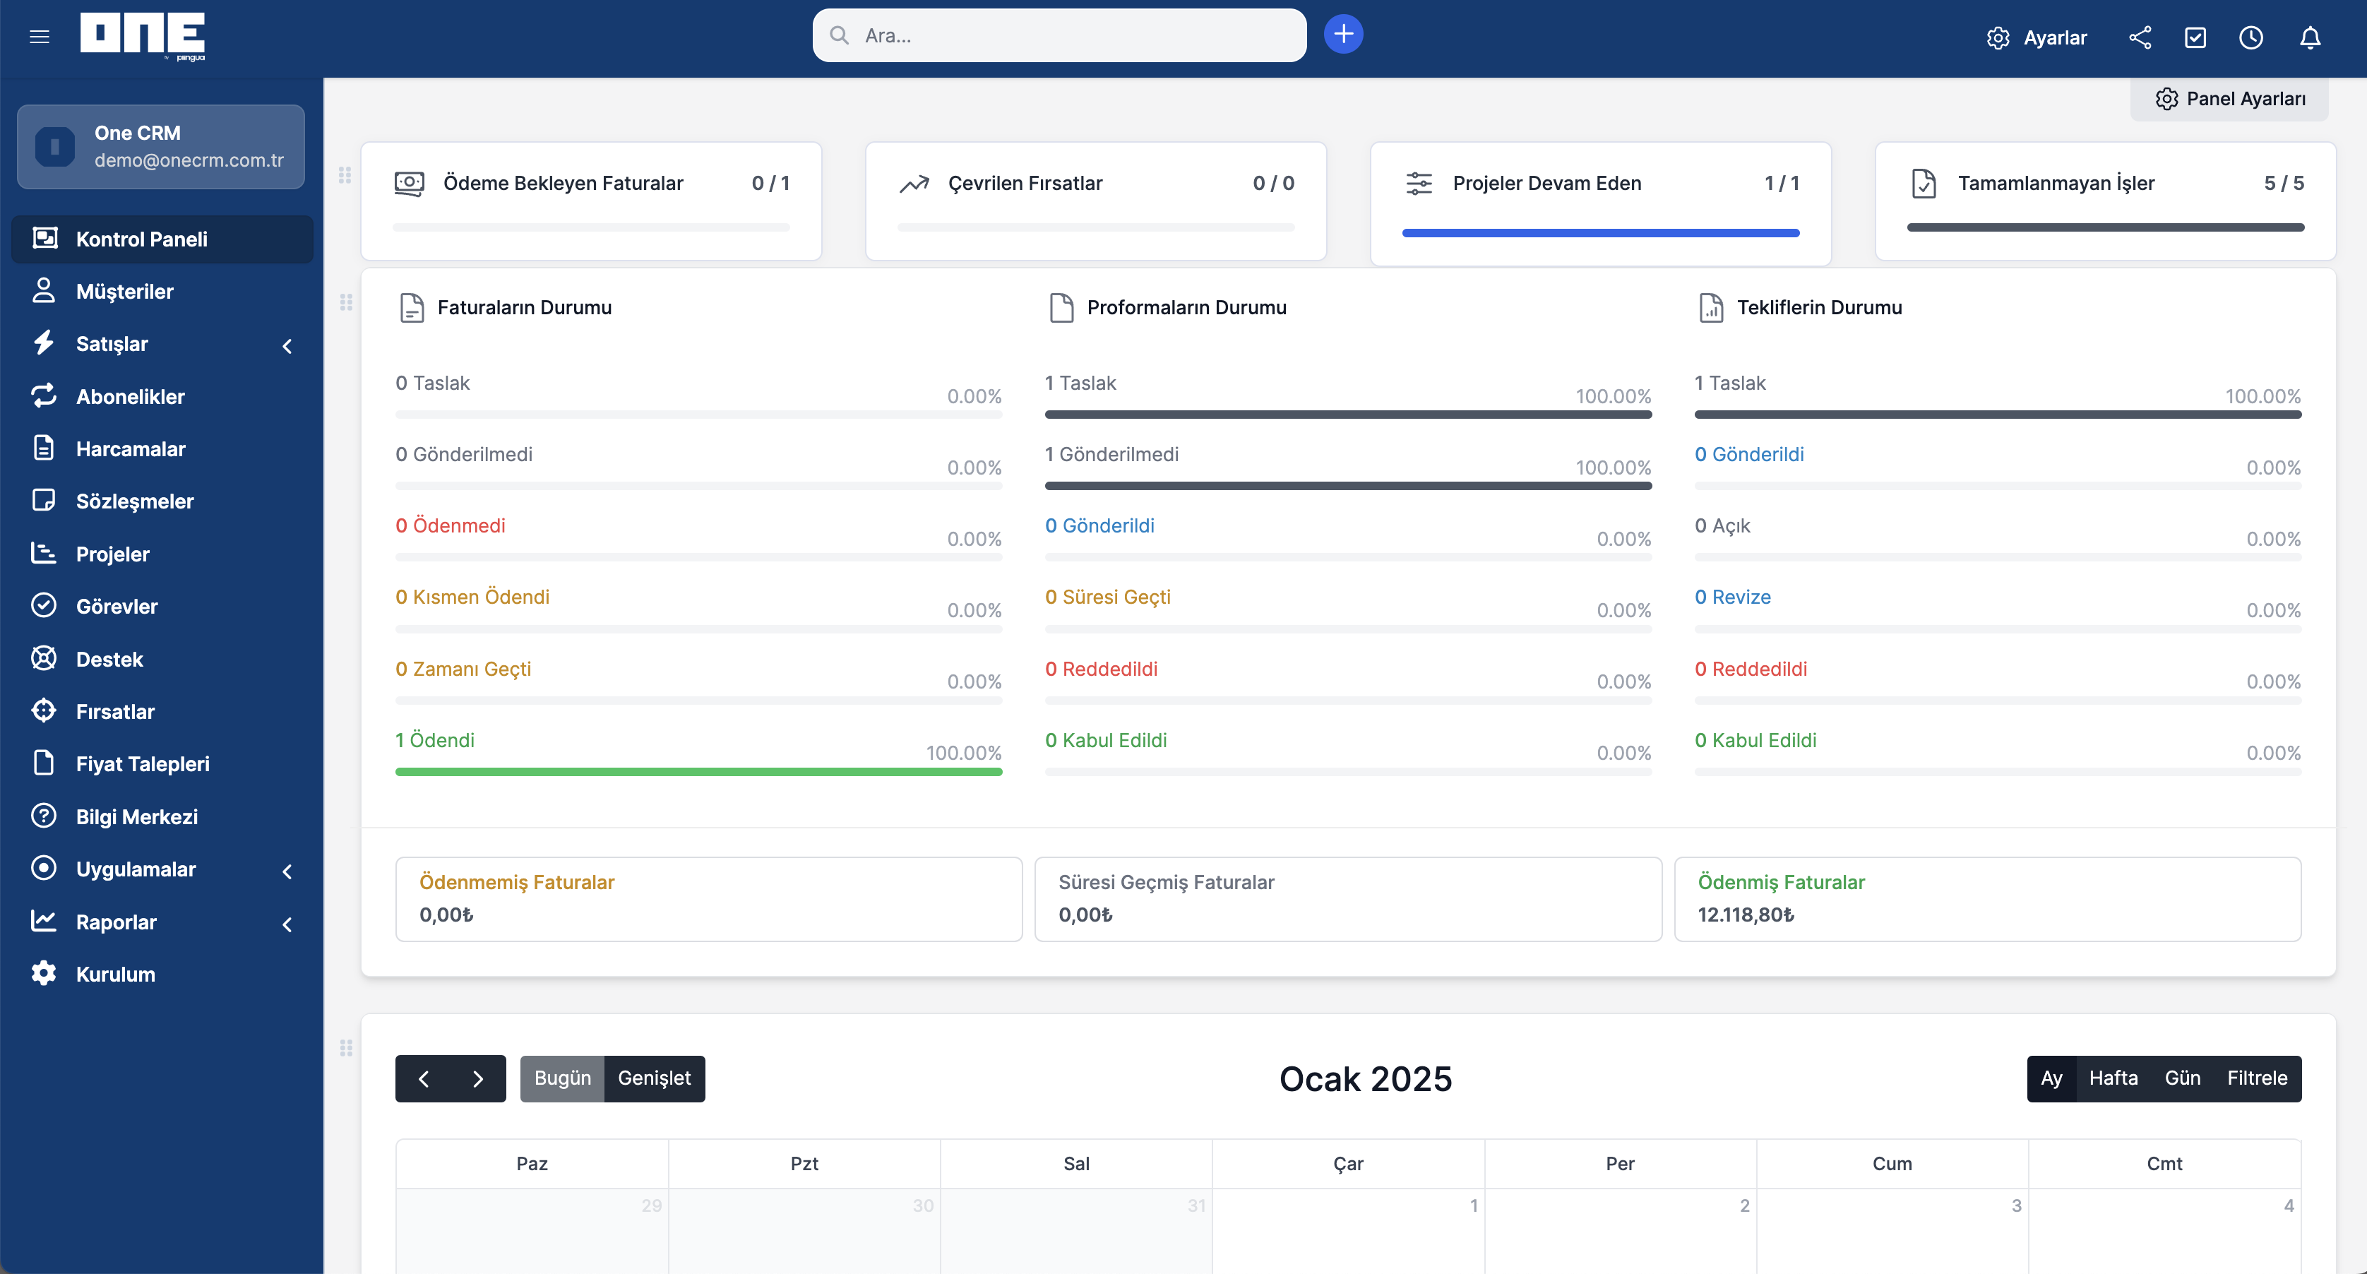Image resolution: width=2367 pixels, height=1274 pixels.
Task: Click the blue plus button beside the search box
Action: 1342,35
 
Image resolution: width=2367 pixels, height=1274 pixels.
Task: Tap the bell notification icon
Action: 2309,37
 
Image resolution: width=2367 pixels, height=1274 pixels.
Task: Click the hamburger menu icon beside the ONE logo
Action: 40,37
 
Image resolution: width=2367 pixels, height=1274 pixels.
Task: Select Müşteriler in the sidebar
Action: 124,292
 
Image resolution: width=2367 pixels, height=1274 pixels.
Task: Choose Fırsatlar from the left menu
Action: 115,711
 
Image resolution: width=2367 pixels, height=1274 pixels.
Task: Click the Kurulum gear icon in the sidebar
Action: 43,973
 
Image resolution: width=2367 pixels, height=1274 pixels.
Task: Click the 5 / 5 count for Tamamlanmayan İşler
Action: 2284,183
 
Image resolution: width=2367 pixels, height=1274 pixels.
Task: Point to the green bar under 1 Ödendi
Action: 698,772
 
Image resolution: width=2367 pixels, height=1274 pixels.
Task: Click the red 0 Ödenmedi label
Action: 451,526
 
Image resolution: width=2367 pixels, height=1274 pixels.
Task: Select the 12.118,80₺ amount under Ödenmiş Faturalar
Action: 1745,915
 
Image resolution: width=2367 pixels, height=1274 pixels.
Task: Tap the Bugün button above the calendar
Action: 562,1078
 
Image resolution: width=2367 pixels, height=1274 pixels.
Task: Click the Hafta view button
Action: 2113,1078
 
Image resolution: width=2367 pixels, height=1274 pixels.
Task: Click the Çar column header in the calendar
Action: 1348,1164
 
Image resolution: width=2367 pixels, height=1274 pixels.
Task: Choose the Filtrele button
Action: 2257,1078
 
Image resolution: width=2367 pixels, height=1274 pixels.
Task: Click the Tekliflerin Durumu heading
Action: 1818,307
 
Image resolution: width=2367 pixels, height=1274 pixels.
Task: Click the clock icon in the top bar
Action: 2250,37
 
